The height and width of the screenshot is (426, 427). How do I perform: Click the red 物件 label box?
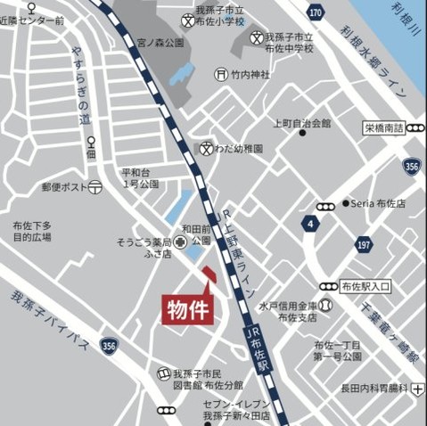coord(185,309)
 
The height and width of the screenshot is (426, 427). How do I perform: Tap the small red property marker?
coord(208,274)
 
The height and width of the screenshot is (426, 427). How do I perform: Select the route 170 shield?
coord(316,12)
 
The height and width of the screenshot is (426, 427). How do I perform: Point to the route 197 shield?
coord(363,245)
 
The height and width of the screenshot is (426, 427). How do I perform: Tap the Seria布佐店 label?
coord(380,203)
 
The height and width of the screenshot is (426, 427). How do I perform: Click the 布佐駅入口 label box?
coord(365,286)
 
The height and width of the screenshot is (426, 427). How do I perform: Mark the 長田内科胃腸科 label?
coord(374,388)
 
